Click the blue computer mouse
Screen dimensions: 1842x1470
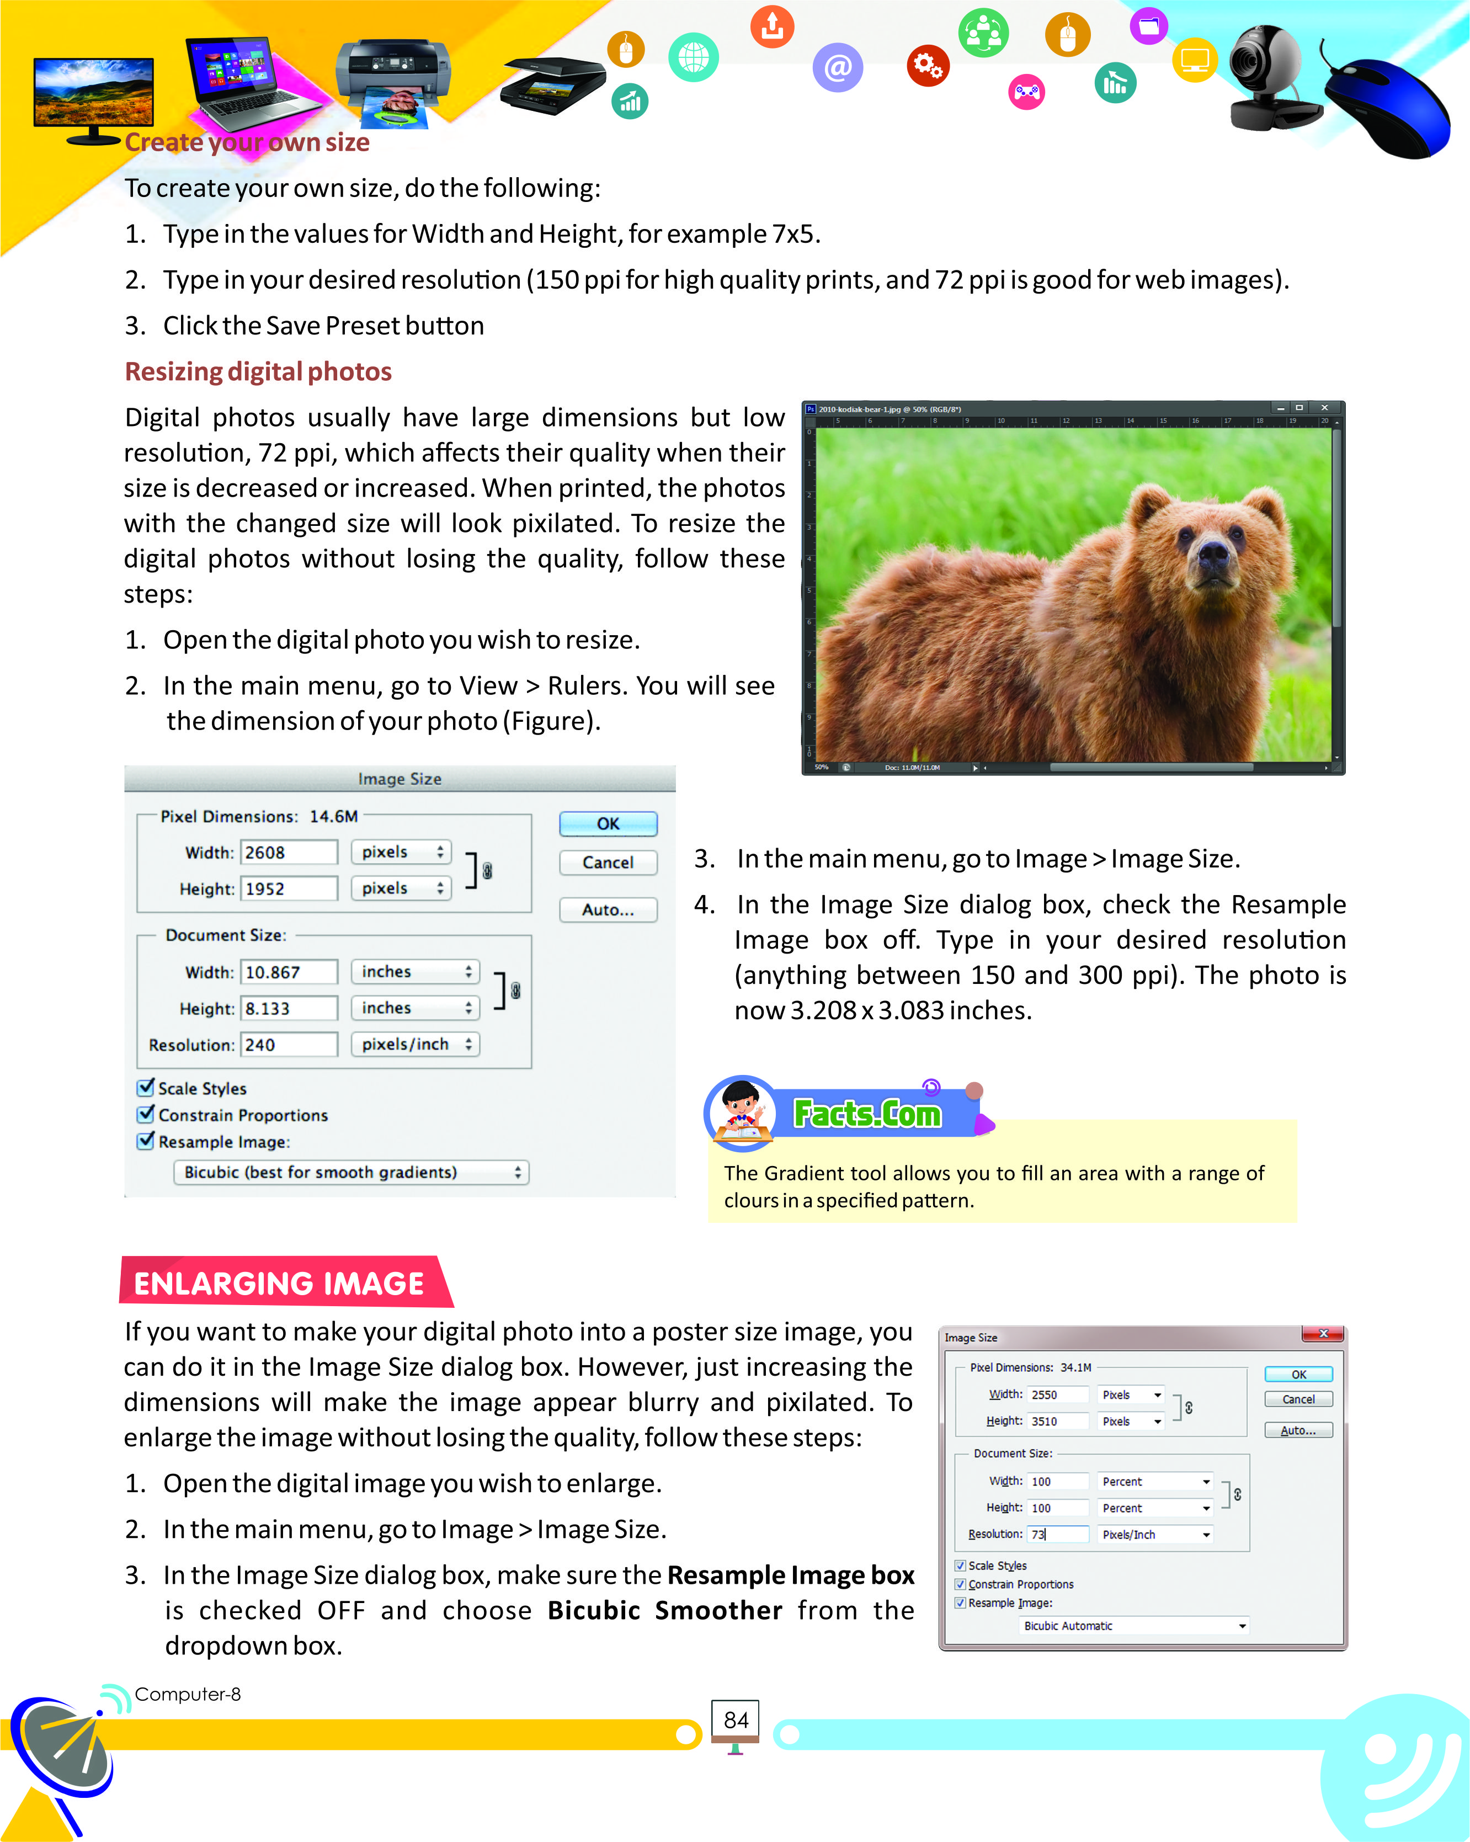click(x=1388, y=107)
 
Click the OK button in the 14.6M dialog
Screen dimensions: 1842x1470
click(x=608, y=824)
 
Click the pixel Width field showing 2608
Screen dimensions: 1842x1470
click(x=289, y=852)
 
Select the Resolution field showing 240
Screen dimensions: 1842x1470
click(x=289, y=1044)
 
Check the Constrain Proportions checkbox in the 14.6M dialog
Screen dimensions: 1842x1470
click(x=146, y=1114)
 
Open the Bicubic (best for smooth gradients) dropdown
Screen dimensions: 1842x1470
click(x=351, y=1172)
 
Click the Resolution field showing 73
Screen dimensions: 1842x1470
click(x=1057, y=1534)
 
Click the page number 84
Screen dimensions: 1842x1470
click(x=736, y=1720)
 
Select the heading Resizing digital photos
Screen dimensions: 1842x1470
click(x=258, y=371)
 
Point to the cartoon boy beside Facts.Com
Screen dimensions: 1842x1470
click(x=741, y=1111)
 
